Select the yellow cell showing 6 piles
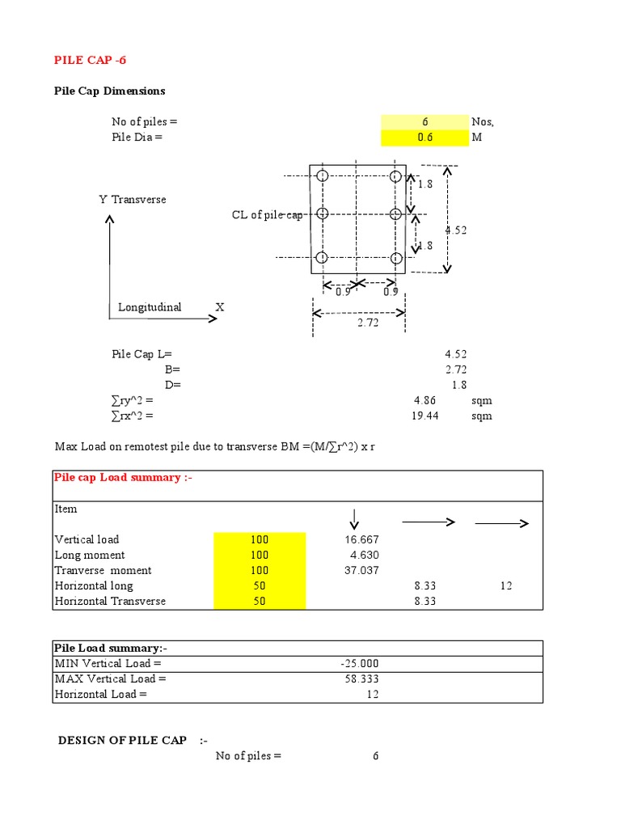point(425,122)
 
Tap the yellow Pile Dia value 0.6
point(425,137)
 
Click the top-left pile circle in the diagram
point(322,176)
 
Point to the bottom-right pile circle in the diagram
point(395,258)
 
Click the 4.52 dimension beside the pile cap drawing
point(456,230)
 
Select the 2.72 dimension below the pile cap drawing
point(368,323)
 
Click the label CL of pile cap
point(267,215)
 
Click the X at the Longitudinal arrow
point(219,307)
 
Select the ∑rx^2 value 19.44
point(428,416)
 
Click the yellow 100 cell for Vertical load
point(260,539)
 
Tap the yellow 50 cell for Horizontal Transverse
point(260,601)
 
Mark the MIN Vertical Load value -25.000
point(360,663)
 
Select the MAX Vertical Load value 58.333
point(361,678)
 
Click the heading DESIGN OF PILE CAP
point(122,741)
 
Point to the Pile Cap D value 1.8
point(458,386)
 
